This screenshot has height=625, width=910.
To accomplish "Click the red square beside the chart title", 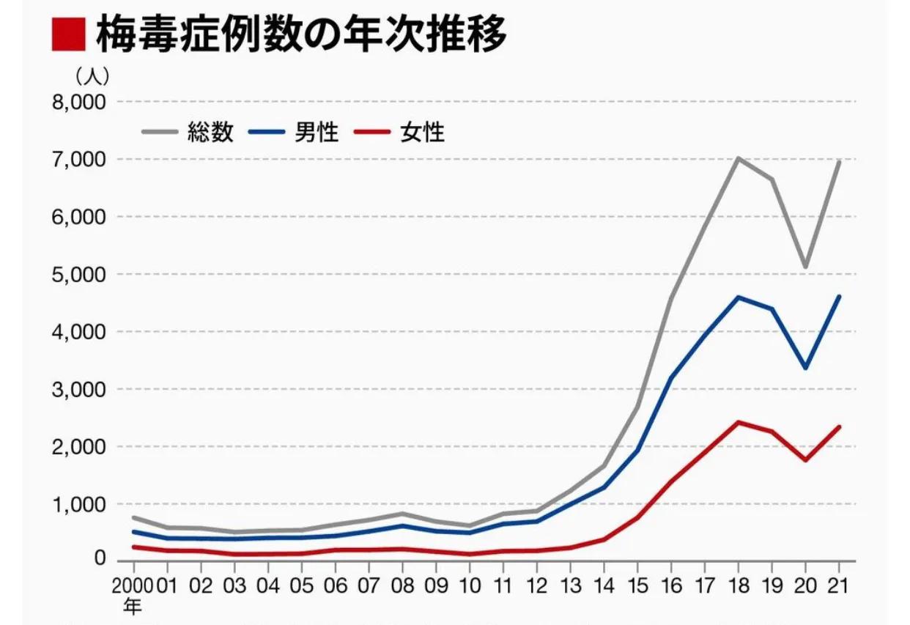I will tap(68, 34).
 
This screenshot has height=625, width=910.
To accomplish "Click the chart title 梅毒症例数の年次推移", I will tap(301, 34).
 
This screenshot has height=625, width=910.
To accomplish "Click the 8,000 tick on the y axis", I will tap(78, 102).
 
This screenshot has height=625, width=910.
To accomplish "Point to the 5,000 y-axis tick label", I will tap(78, 275).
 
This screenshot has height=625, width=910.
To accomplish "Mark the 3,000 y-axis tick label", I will tap(78, 390).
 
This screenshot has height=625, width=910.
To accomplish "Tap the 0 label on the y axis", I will tap(99, 560).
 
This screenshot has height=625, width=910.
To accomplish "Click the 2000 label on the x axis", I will tap(133, 587).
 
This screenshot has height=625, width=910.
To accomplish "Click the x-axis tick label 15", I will tap(637, 587).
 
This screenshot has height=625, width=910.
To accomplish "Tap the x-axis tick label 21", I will tap(839, 587).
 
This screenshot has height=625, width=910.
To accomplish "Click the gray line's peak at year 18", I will tap(739, 158).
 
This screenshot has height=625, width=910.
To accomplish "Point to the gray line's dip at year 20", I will tap(806, 267).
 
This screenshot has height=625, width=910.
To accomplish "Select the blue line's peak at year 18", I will tap(739, 297).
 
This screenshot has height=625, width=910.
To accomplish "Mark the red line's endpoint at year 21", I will tap(840, 426).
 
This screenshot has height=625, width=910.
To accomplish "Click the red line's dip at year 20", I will tap(806, 460).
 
